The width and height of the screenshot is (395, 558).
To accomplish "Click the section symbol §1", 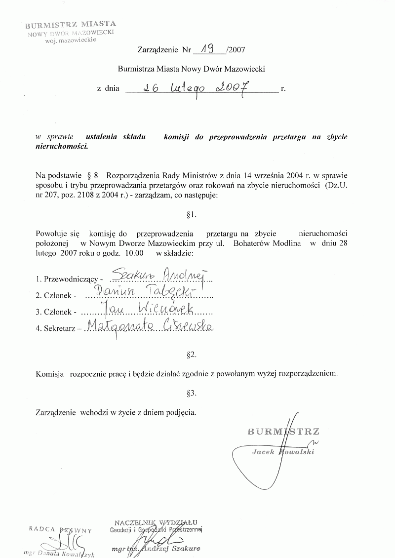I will pyautogui.click(x=193, y=215).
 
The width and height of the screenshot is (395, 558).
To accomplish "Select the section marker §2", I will pyautogui.click(x=193, y=355).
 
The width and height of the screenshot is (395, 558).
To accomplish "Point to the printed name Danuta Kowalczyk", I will pyautogui.click(x=60, y=552).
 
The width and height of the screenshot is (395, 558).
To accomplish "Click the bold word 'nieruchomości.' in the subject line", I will pyautogui.click(x=62, y=147).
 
